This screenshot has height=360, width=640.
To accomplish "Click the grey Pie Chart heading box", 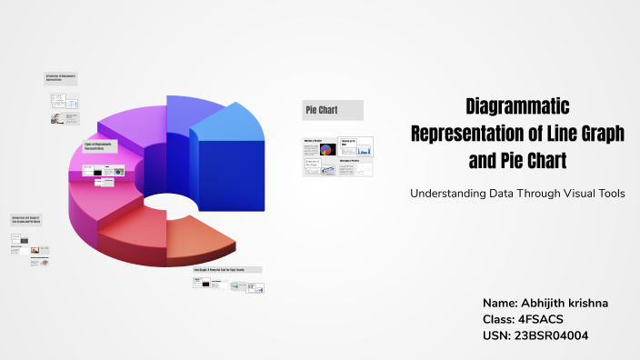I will [x=333, y=110].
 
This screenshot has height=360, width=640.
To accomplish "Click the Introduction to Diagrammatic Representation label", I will [x=61, y=78].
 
